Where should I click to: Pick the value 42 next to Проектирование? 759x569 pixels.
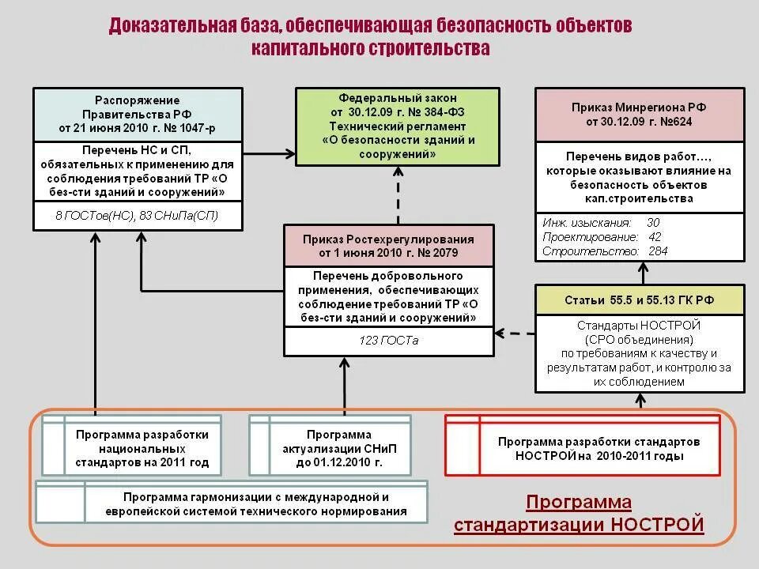click(x=655, y=237)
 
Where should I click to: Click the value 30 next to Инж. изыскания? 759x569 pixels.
click(x=653, y=223)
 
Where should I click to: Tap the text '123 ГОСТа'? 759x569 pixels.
click(x=388, y=341)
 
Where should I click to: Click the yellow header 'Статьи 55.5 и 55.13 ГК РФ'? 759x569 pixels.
click(x=640, y=300)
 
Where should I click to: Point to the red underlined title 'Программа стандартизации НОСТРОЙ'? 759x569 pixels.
click(x=579, y=514)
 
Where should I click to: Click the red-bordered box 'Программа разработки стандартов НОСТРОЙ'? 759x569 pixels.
click(x=583, y=447)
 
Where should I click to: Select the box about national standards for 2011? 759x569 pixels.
click(x=133, y=448)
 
